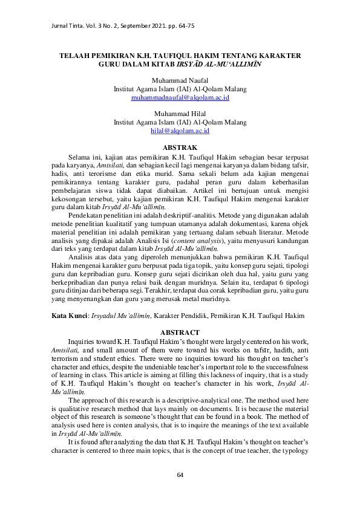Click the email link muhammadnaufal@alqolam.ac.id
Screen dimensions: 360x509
pyautogui.click(x=180, y=97)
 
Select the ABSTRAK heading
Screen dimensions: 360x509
pyautogui.click(x=180, y=148)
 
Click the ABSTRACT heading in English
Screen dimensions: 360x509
pyautogui.click(x=180, y=332)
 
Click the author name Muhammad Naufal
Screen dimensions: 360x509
pyautogui.click(x=180, y=80)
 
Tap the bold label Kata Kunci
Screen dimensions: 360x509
pyautogui.click(x=68, y=316)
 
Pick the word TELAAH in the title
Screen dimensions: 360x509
pyautogui.click(x=74, y=55)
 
